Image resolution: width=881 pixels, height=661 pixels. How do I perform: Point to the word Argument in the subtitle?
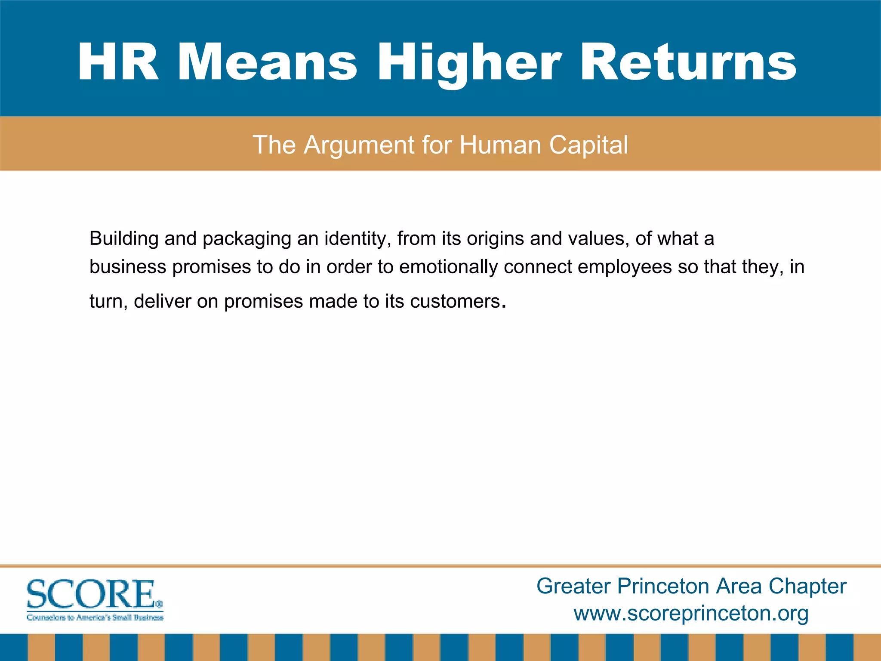tap(359, 145)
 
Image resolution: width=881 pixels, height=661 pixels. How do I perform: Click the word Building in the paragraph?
tap(124, 238)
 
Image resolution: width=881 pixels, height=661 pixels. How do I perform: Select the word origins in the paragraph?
tap(495, 238)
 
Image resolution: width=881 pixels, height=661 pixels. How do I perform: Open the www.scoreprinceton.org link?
tap(691, 613)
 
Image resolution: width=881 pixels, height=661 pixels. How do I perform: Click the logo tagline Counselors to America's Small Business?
tap(95, 618)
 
